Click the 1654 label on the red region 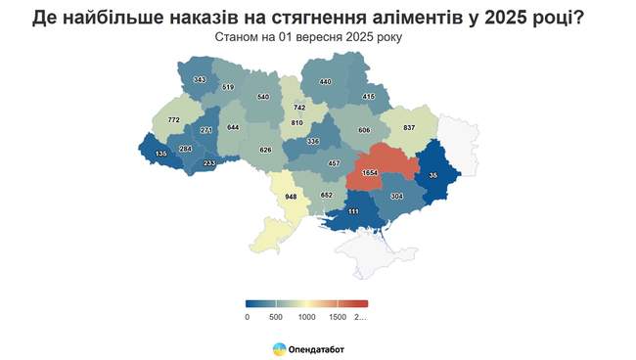(370, 172)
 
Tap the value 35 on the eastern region (433, 175)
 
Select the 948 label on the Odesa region (291, 197)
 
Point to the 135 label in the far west (160, 154)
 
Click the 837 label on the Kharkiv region (409, 128)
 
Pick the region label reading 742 (299, 107)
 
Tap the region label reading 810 (297, 123)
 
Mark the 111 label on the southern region (353, 211)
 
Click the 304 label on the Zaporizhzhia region (396, 196)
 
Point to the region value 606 (364, 130)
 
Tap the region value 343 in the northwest (200, 79)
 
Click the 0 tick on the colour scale (247, 317)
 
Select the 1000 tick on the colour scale (306, 317)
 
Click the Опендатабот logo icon (279, 348)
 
